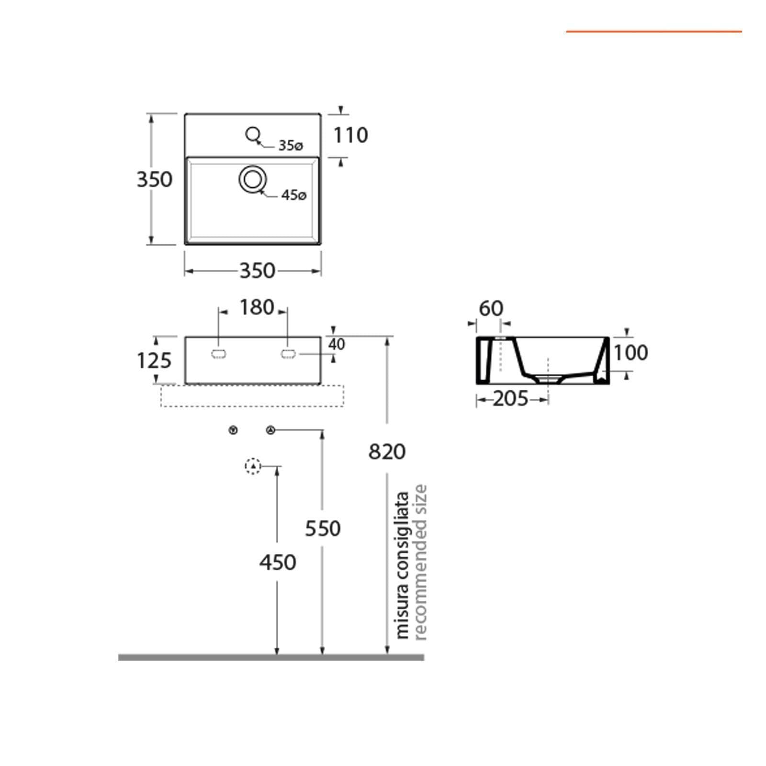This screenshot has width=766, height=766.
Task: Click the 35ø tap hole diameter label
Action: point(291,145)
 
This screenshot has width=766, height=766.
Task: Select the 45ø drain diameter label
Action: point(293,195)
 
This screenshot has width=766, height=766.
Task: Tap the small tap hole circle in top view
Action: point(252,134)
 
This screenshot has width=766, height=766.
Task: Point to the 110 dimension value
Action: point(350,135)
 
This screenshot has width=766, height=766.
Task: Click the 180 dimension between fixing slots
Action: point(257,307)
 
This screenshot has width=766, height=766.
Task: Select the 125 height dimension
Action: point(154,360)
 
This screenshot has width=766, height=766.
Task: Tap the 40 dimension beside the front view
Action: point(337,344)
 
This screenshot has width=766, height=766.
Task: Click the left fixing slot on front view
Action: point(219,354)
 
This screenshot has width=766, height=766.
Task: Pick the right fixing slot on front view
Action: point(288,354)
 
